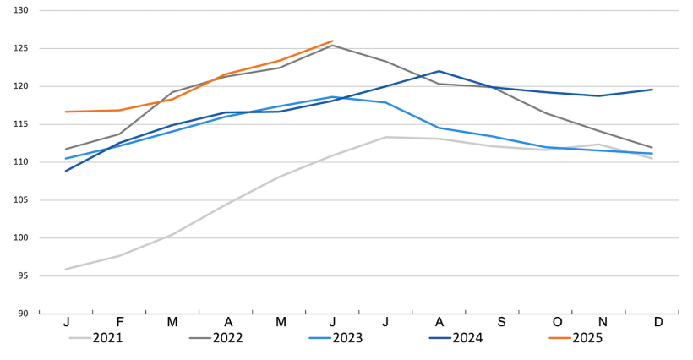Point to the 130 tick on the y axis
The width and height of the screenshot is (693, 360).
[x=22, y=11]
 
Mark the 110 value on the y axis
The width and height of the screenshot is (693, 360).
[x=22, y=162]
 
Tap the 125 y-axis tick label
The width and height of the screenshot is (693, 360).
[x=22, y=48]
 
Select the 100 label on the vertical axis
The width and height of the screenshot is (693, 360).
[x=22, y=237]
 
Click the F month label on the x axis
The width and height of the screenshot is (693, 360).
[x=120, y=322]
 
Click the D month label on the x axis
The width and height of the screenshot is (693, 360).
[x=658, y=322]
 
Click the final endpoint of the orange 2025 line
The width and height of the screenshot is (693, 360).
[x=333, y=41]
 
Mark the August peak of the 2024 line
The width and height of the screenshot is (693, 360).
[x=439, y=71]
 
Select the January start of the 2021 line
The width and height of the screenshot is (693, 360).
[x=66, y=270]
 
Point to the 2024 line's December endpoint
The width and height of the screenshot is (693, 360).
[x=652, y=90]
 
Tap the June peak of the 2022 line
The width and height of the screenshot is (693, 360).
[x=333, y=46]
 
